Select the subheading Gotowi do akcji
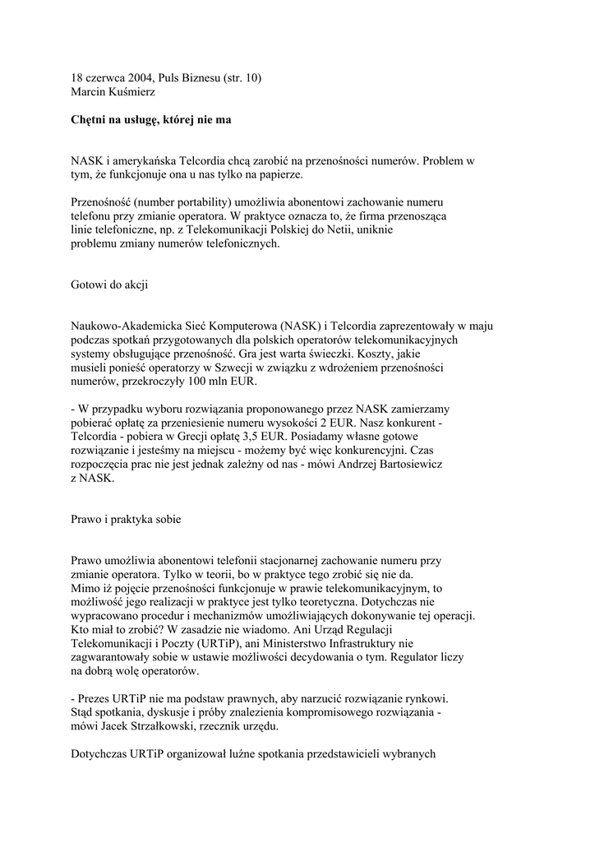tap(109, 285)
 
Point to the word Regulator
tap(408, 658)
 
